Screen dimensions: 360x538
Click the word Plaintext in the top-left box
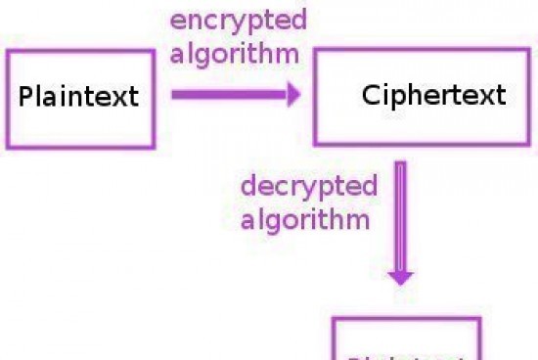(79, 98)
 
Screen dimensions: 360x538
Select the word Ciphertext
(433, 95)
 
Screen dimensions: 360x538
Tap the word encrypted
(238, 21)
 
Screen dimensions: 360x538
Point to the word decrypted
(308, 186)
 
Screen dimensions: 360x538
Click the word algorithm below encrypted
(234, 53)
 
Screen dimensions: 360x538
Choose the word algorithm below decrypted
(305, 218)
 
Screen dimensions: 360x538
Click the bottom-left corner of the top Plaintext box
(9, 147)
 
